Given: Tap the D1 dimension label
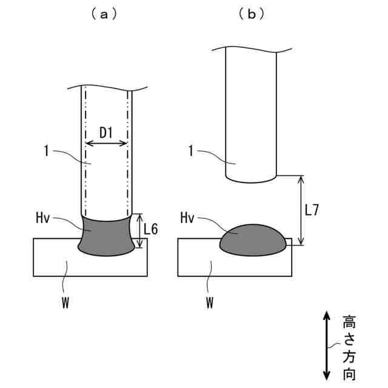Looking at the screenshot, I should [x=107, y=132].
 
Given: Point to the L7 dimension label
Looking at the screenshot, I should [x=312, y=210].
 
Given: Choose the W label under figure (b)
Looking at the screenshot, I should [x=209, y=302].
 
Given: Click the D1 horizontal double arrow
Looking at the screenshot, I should [x=107, y=144].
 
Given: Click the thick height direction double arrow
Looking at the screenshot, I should [x=327, y=344].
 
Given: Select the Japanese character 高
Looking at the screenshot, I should [x=349, y=321].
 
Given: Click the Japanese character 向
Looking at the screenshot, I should [x=349, y=372].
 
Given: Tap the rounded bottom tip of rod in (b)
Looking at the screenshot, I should [x=252, y=179].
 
